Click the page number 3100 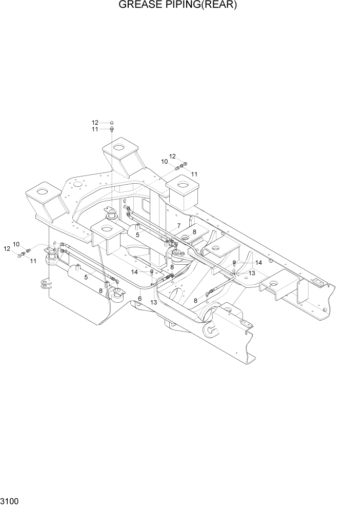[10, 500]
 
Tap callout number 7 [178, 226]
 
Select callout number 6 [139, 299]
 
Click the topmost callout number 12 [95, 123]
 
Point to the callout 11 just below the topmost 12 [95, 130]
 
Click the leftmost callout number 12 [7, 248]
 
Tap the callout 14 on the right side [258, 262]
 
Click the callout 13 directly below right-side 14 [252, 273]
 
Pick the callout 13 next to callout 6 [153, 303]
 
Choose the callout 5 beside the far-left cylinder [86, 277]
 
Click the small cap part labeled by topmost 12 [112, 123]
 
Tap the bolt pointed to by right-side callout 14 [234, 263]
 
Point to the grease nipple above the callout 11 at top [112, 129]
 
